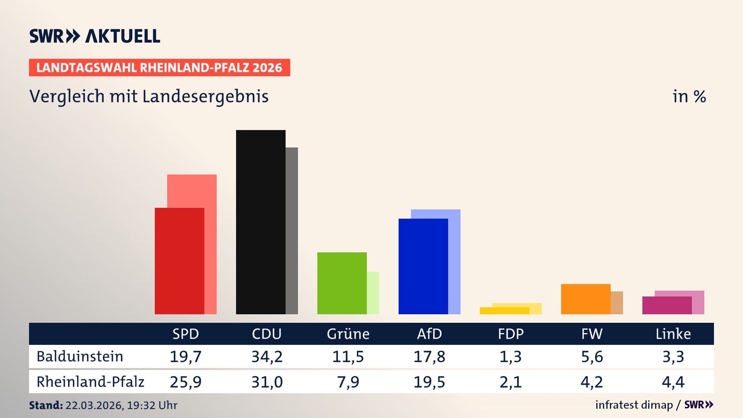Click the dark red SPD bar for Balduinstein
(179, 261)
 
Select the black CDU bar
(260, 222)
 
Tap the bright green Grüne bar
(342, 283)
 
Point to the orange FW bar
(585, 299)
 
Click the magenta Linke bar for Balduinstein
(667, 305)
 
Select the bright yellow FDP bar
(504, 311)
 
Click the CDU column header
(267, 334)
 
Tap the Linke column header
(673, 334)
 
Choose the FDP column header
(510, 334)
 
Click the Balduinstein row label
(80, 356)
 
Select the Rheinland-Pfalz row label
(90, 382)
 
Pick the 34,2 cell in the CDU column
(267, 356)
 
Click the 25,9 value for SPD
(185, 382)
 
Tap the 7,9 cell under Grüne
(348, 382)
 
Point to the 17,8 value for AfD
(429, 356)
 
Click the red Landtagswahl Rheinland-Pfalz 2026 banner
(159, 68)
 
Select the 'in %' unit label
(689, 97)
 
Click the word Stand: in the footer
(46, 405)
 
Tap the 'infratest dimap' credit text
(634, 405)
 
